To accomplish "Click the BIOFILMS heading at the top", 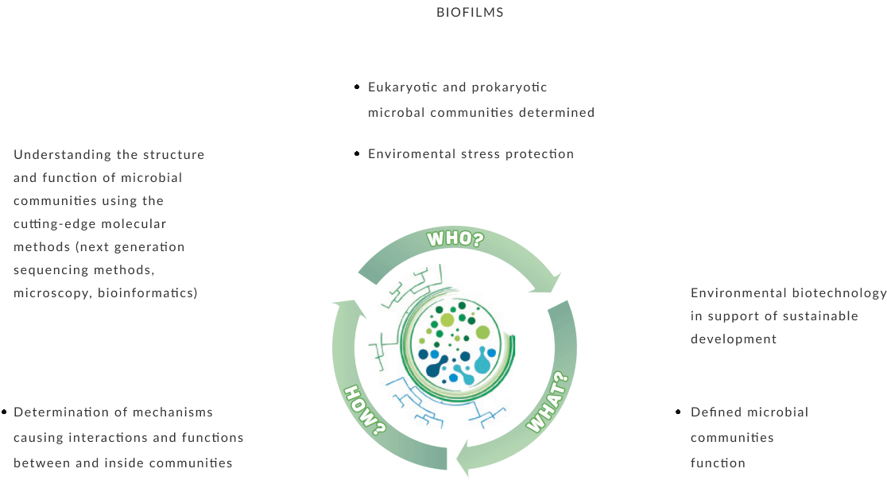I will tap(470, 13).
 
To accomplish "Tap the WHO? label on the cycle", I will tap(455, 238).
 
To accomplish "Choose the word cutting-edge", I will tap(55, 224).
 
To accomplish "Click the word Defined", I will tap(714, 412).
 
